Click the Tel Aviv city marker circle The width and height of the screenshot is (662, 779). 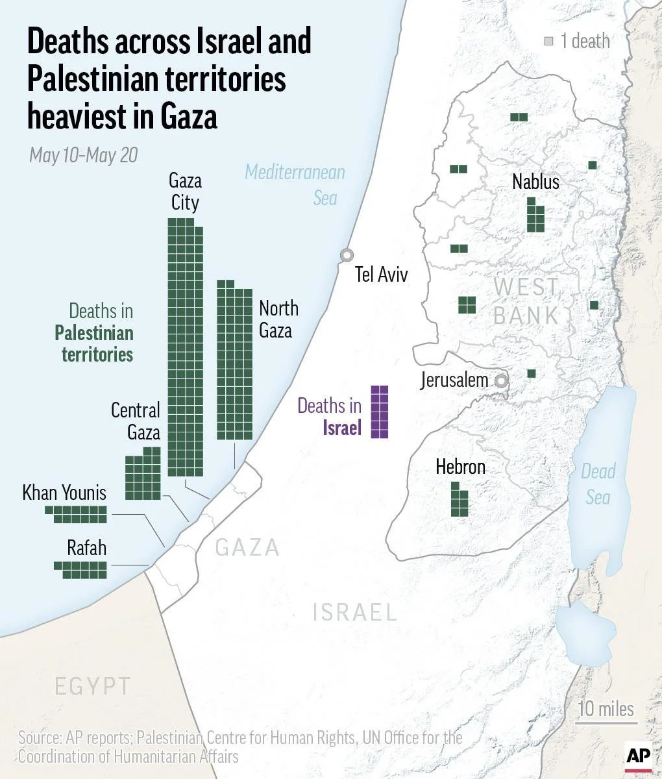(x=347, y=256)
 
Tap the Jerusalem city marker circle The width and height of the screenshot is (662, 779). (x=501, y=381)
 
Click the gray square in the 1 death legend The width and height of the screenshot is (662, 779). (x=549, y=42)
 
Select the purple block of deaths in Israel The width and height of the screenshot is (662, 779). (x=380, y=412)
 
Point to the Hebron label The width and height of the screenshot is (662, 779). (x=460, y=467)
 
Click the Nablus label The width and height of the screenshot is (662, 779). (x=535, y=182)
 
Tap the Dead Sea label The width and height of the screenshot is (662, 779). (x=598, y=484)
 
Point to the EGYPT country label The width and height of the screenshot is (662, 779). (x=92, y=686)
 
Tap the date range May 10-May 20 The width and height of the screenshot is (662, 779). (x=84, y=156)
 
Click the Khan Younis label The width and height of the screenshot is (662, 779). (x=64, y=493)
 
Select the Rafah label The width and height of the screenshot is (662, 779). (x=86, y=548)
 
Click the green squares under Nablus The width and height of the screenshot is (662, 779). (x=535, y=215)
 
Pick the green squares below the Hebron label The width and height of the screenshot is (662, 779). (x=460, y=499)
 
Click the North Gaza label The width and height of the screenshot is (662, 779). (x=278, y=319)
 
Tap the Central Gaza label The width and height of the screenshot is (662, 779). (x=135, y=421)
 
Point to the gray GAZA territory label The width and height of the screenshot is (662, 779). (x=247, y=548)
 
